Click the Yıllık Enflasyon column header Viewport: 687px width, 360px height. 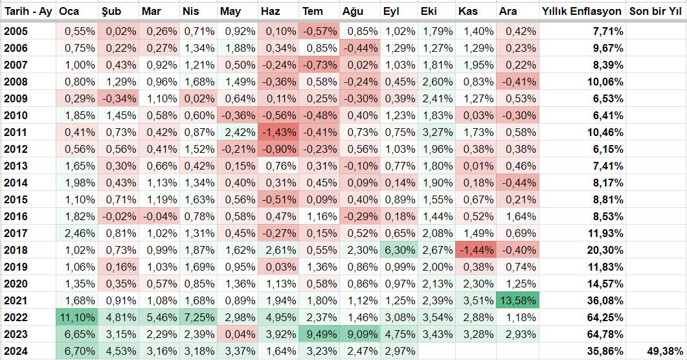(x=582, y=12)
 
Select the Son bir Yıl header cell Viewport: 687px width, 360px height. (x=655, y=12)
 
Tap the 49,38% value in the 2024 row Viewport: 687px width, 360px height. (x=664, y=351)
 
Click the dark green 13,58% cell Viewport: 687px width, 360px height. (x=517, y=301)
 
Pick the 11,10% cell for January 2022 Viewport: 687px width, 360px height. (x=77, y=317)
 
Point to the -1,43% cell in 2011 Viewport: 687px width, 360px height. (x=278, y=132)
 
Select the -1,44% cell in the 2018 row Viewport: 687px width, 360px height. (x=476, y=250)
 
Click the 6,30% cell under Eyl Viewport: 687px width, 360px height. (x=399, y=250)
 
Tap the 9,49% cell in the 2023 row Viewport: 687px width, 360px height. (x=319, y=335)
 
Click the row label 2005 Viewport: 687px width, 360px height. (x=16, y=32)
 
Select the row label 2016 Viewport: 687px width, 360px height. (x=16, y=216)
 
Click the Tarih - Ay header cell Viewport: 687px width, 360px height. (x=28, y=12)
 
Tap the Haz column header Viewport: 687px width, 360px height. (x=270, y=12)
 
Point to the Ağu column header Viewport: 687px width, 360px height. (x=353, y=12)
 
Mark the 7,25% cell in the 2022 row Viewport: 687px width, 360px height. (x=199, y=317)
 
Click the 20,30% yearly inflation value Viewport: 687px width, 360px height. (x=607, y=250)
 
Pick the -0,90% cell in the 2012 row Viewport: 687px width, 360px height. (x=278, y=150)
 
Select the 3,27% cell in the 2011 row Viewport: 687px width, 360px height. (x=437, y=132)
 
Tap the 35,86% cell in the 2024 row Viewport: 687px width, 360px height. (x=607, y=351)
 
